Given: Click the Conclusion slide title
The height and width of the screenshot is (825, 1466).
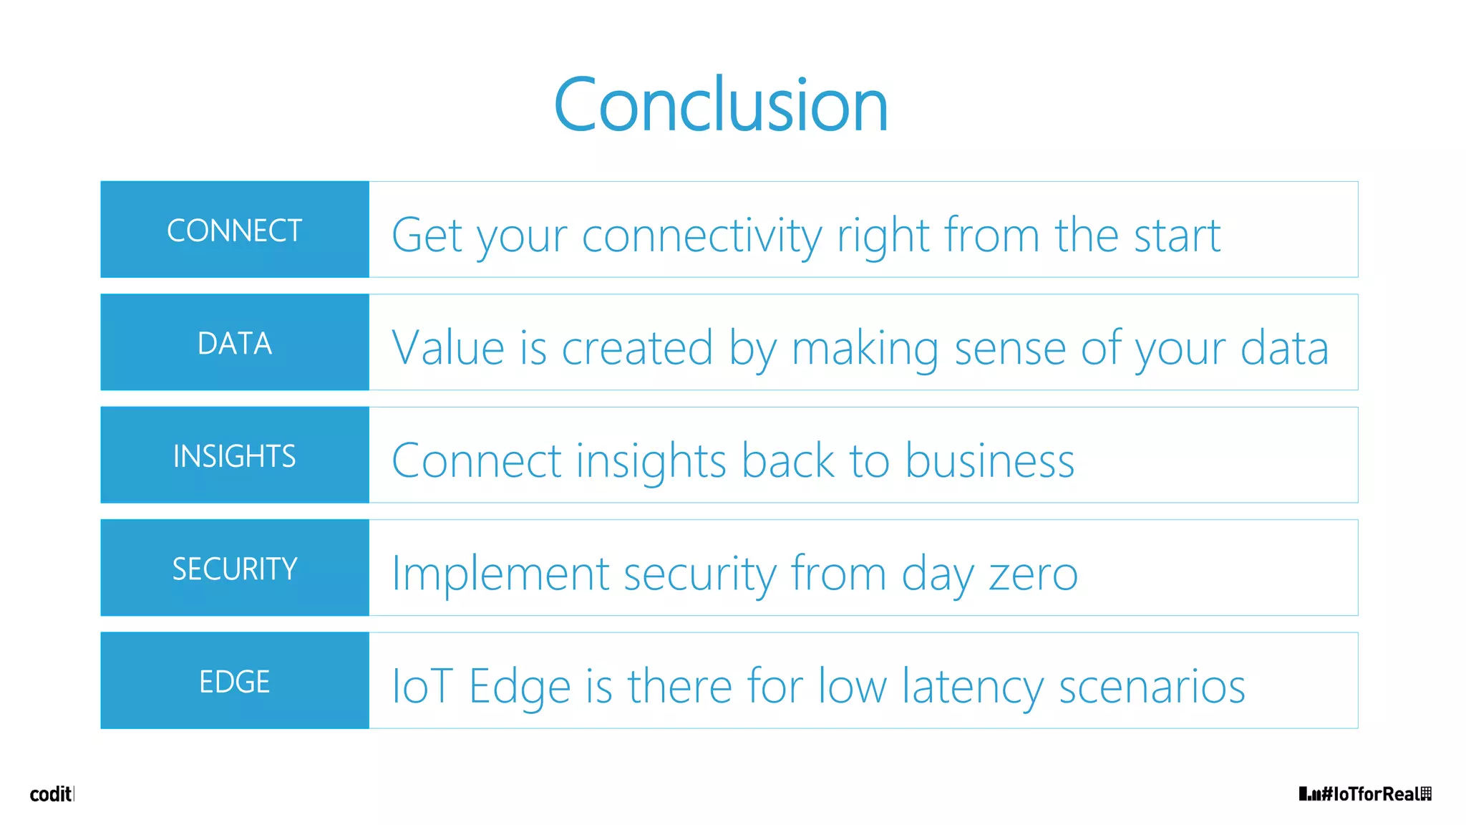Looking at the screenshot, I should [x=721, y=106].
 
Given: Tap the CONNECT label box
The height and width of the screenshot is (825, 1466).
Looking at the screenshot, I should [x=235, y=230].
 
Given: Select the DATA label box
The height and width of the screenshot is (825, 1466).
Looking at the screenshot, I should [x=235, y=343].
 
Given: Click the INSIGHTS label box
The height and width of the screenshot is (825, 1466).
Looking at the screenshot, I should [x=235, y=455].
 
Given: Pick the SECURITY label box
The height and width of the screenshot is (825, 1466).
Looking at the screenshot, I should [x=235, y=569].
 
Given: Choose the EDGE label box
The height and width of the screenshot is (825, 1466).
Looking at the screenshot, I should [x=235, y=681].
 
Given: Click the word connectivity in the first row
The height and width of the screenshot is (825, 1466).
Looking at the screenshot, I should [x=702, y=236].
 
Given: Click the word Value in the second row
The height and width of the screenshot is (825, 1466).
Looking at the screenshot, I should [x=448, y=348].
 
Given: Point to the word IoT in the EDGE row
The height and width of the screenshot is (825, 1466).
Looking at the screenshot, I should [x=422, y=686].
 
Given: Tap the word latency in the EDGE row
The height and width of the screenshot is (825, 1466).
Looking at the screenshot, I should [x=972, y=686].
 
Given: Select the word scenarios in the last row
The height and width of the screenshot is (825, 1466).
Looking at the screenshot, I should [x=1152, y=686].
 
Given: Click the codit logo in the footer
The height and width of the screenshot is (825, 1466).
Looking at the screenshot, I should [x=51, y=794].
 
